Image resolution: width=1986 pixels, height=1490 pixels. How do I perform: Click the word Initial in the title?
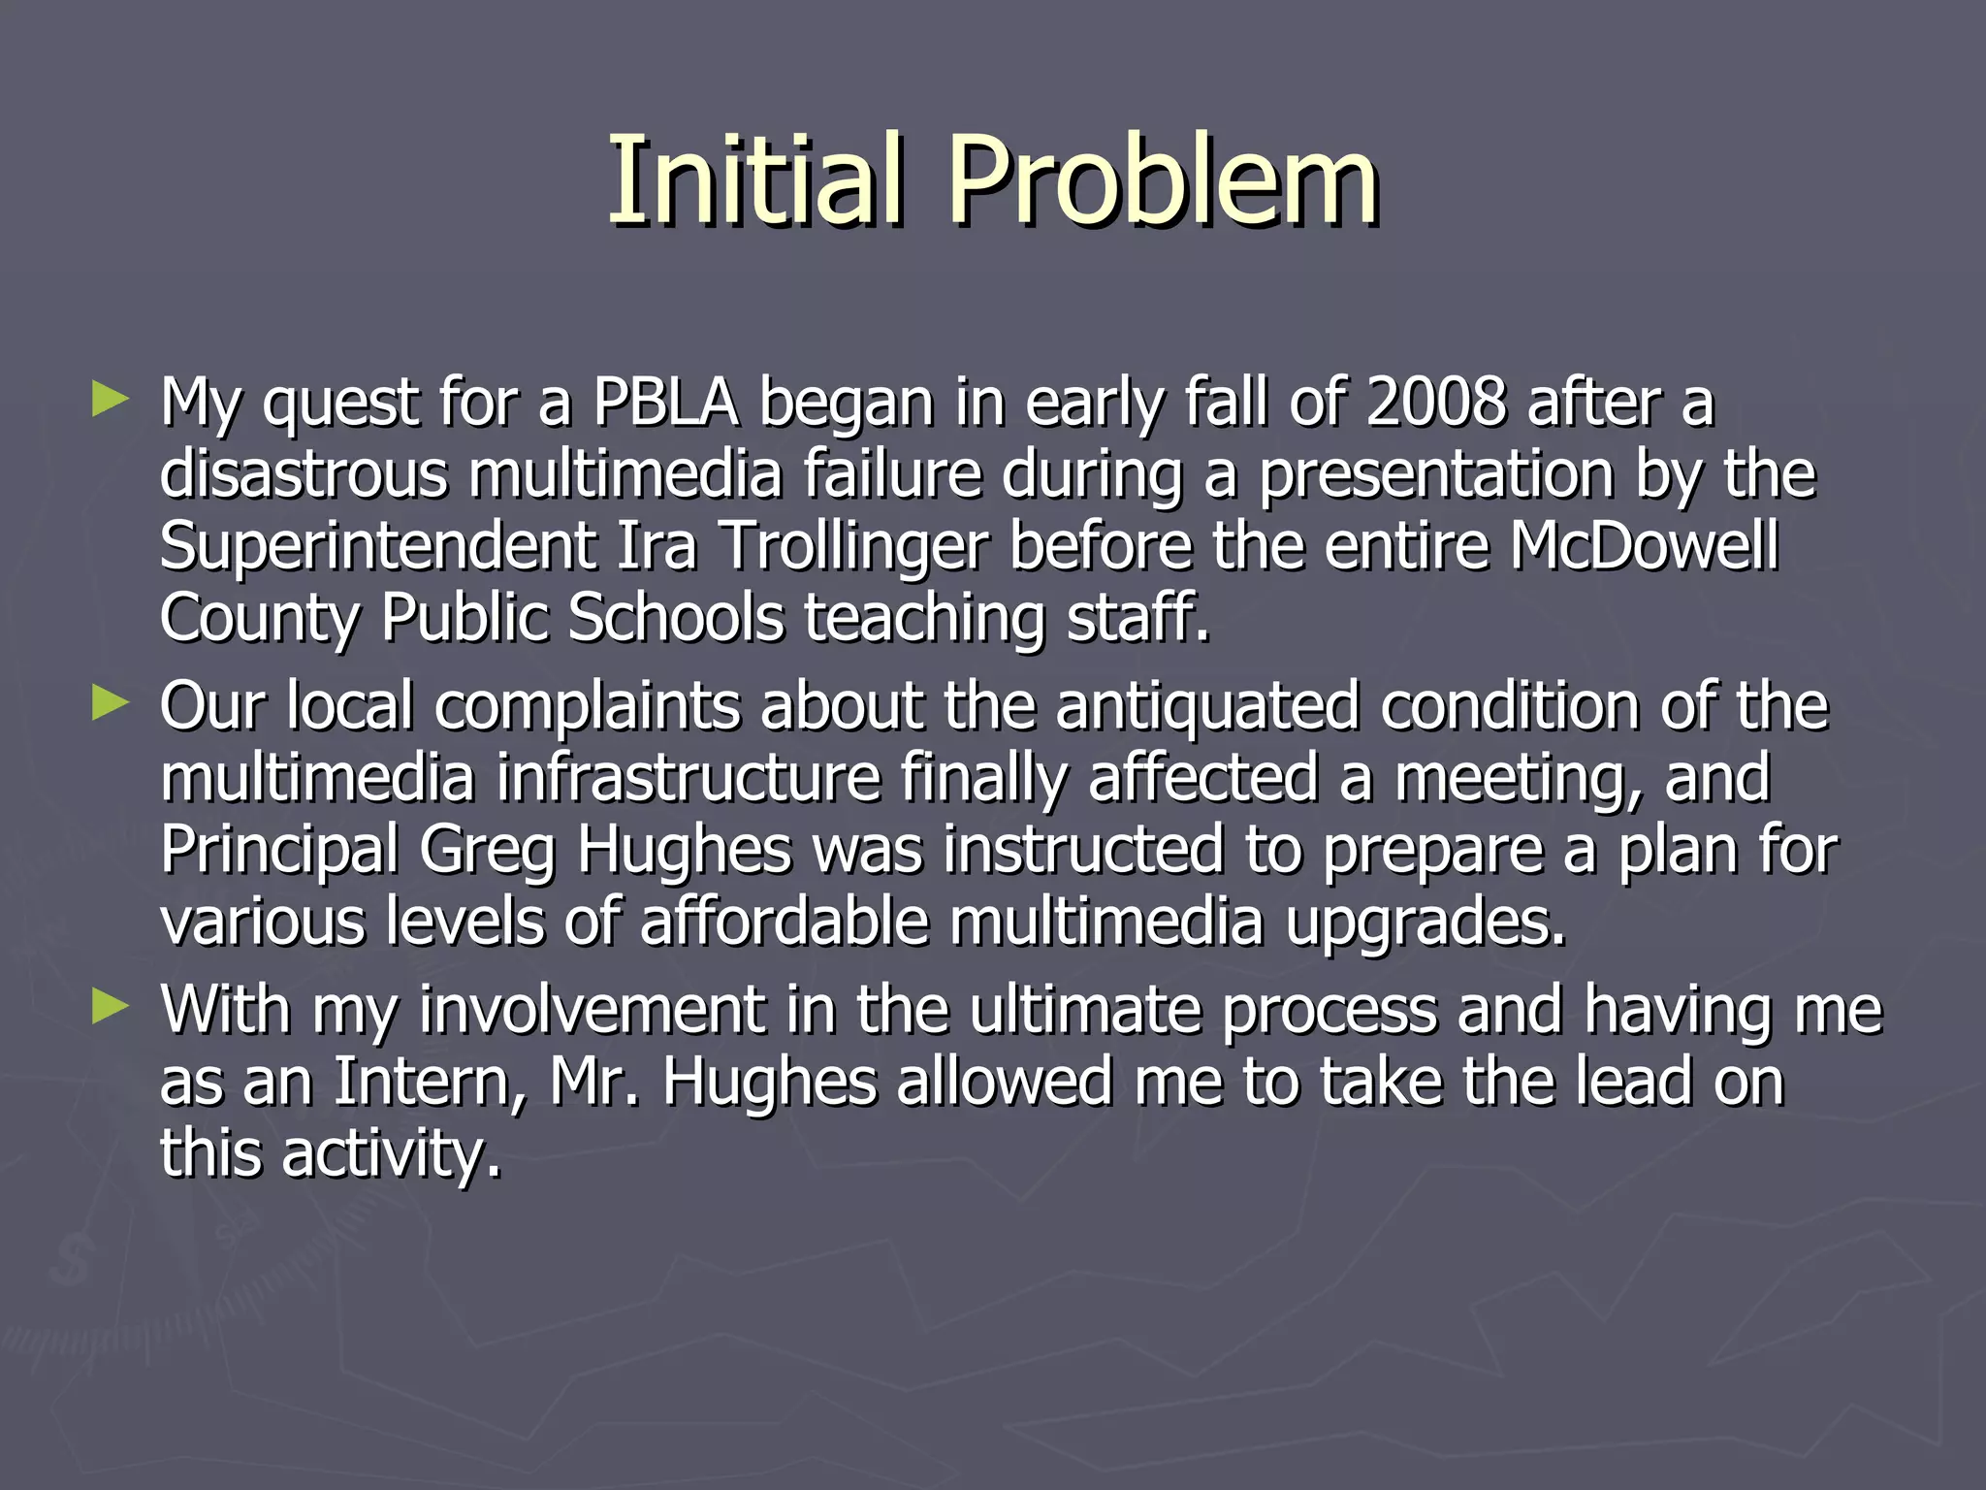(x=756, y=180)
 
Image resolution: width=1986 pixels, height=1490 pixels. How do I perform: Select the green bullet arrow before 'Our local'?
(x=110, y=703)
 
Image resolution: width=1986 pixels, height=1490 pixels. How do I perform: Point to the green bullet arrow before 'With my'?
(x=110, y=1007)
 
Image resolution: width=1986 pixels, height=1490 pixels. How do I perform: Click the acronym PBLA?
(x=665, y=403)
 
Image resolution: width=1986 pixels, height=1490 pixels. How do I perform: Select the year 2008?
(x=1436, y=403)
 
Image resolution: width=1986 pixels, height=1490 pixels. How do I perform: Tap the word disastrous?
(x=304, y=474)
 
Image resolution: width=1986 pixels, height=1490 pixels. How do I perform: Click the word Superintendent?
(x=377, y=546)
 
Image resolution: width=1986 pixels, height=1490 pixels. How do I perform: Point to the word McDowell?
(x=1645, y=546)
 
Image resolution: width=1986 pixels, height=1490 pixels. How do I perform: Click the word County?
(x=259, y=619)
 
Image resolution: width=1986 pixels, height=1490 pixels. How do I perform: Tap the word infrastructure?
(x=689, y=778)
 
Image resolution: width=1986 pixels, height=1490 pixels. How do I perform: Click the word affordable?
(x=785, y=922)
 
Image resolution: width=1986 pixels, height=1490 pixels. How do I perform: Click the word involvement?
(x=592, y=1010)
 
